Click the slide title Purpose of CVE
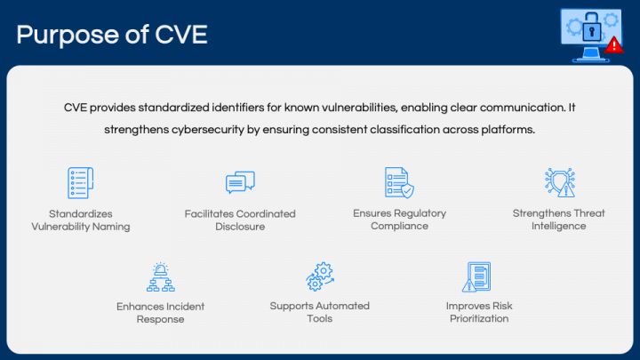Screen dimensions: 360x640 pyautogui.click(x=113, y=35)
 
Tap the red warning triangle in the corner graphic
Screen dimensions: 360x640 pyautogui.click(x=613, y=44)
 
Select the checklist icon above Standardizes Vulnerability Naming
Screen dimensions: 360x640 pyautogui.click(x=80, y=182)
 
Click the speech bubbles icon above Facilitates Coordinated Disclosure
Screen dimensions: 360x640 pyautogui.click(x=240, y=183)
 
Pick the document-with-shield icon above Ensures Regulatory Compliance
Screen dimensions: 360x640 pyautogui.click(x=399, y=182)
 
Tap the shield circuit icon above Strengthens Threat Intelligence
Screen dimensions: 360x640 pyautogui.click(x=560, y=182)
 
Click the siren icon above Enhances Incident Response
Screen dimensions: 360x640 pyautogui.click(x=160, y=276)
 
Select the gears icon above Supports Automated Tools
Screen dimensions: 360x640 pyautogui.click(x=319, y=276)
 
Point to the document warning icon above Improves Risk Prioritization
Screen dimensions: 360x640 pyautogui.click(x=477, y=276)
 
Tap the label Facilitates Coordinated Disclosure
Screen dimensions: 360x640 pyautogui.click(x=240, y=220)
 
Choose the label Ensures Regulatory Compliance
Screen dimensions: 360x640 pyautogui.click(x=399, y=220)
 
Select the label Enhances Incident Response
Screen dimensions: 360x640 pyautogui.click(x=160, y=313)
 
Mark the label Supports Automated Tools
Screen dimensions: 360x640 pyautogui.click(x=319, y=313)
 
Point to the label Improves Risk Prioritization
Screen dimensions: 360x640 pyautogui.click(x=479, y=313)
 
